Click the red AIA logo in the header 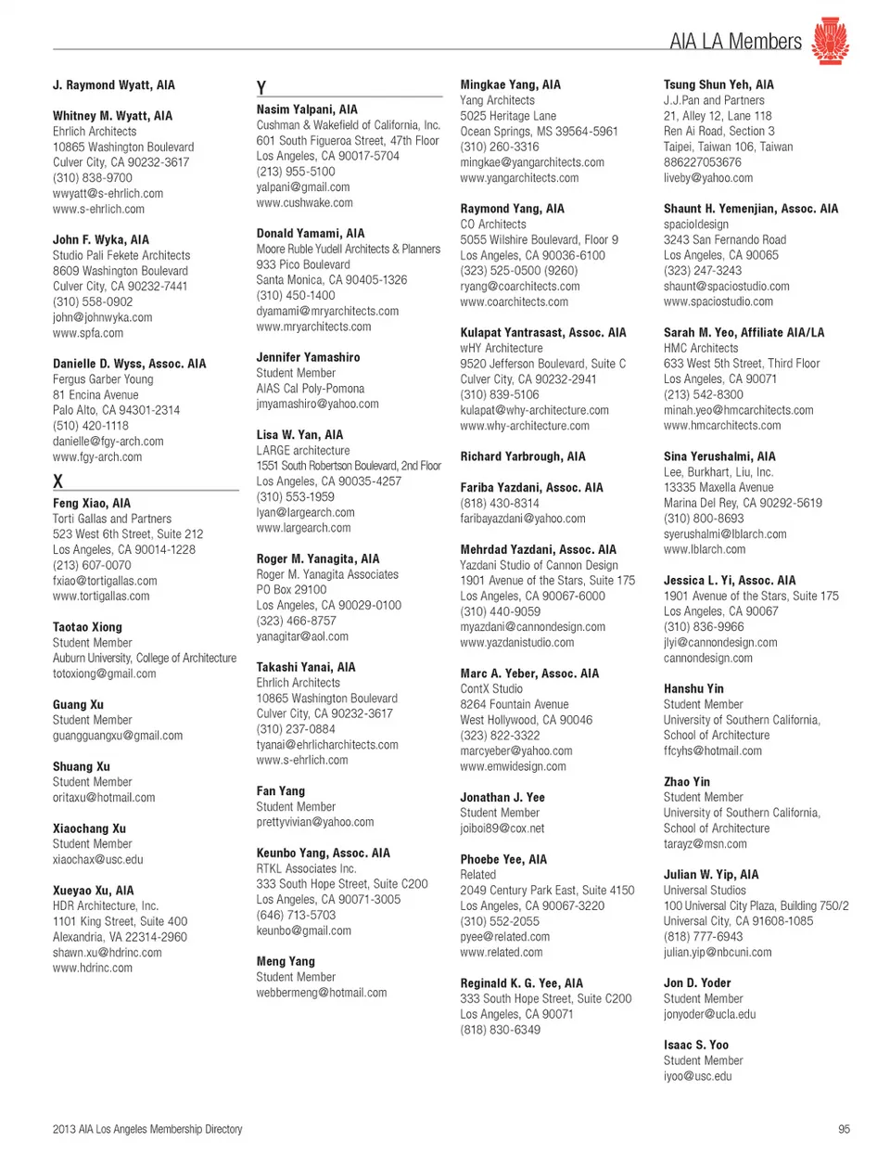[x=830, y=41]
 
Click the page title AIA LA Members [x=735, y=42]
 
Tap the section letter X [x=57, y=481]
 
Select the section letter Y [x=261, y=87]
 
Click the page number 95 [x=843, y=1129]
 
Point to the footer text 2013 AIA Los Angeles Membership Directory [x=147, y=1129]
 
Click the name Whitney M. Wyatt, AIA [x=112, y=116]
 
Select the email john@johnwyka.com [x=102, y=317]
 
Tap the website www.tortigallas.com [x=101, y=597]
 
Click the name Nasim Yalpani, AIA [x=307, y=109]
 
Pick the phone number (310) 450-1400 [x=296, y=295]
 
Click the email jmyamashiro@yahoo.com [x=317, y=404]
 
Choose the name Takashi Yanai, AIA [x=305, y=667]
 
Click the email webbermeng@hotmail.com [x=321, y=993]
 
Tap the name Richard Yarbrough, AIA [x=523, y=456]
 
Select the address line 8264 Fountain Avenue [x=515, y=704]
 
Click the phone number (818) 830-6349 [x=500, y=1030]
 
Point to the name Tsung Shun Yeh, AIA [x=718, y=84]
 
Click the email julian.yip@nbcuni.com [x=717, y=952]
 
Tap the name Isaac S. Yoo [x=695, y=1045]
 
